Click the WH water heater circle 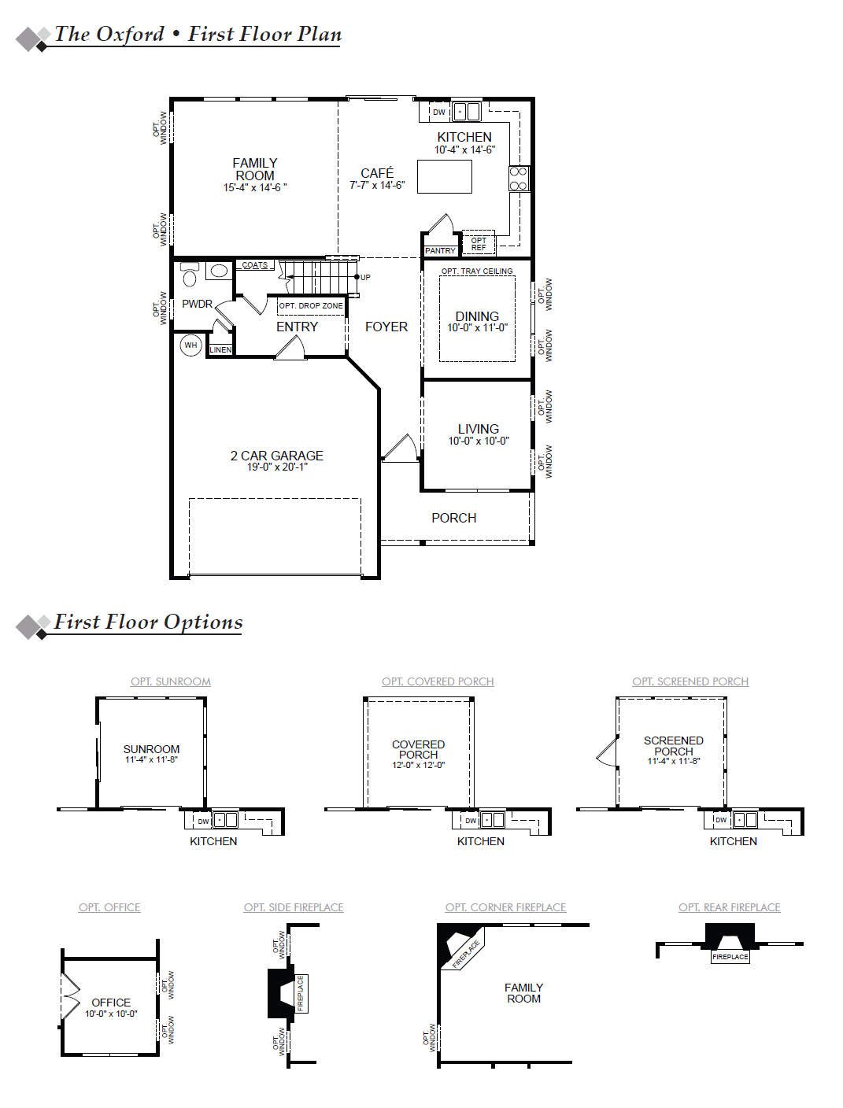(x=190, y=345)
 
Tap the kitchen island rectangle (x=445, y=177)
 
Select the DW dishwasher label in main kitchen (x=439, y=112)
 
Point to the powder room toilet (x=190, y=275)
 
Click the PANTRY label (x=440, y=250)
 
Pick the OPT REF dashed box (x=479, y=243)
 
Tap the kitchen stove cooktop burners (x=519, y=179)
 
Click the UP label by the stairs (x=365, y=277)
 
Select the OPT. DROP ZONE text (x=311, y=306)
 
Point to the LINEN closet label (x=220, y=350)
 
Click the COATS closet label (x=255, y=265)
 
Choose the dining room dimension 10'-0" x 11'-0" (x=478, y=327)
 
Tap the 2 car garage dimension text (x=277, y=467)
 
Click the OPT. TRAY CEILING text (x=477, y=271)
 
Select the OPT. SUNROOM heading (x=171, y=681)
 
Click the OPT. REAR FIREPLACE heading (x=730, y=907)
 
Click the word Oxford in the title (x=130, y=35)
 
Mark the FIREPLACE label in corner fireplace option (x=465, y=955)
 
